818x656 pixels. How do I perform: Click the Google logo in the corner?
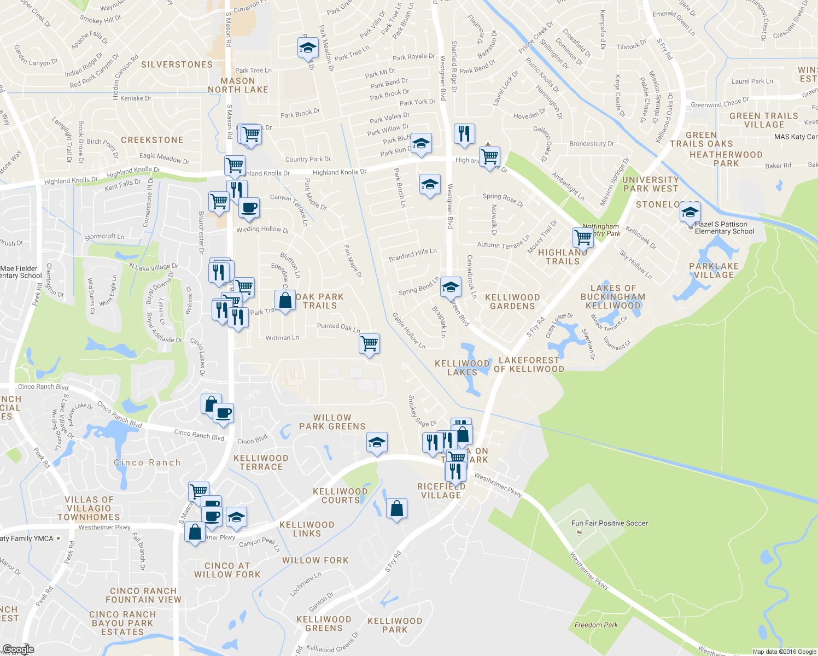tap(18, 649)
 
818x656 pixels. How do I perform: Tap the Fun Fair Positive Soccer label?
tap(609, 523)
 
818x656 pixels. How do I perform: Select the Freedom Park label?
tap(596, 625)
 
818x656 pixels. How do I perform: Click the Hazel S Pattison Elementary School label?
tap(724, 228)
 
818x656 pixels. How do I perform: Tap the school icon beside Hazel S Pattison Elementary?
tap(690, 212)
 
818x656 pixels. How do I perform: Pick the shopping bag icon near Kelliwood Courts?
tap(397, 508)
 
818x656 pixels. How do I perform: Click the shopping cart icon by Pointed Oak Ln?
tap(370, 344)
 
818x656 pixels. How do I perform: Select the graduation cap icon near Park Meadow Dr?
tap(308, 48)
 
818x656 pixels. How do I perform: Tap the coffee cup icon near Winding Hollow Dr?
tap(249, 208)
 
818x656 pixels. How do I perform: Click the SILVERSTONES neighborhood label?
tap(177, 65)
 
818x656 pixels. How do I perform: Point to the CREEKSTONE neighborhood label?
tap(152, 140)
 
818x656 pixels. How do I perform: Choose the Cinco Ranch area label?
tap(147, 462)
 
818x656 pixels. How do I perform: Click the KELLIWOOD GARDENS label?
tap(512, 302)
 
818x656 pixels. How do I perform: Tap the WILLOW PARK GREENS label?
tap(332, 422)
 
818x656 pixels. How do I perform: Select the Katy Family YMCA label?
tap(27, 538)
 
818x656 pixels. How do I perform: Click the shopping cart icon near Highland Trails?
tap(583, 238)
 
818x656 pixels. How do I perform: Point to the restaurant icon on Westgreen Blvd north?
tap(464, 133)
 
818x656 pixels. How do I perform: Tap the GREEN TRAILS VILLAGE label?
tap(764, 120)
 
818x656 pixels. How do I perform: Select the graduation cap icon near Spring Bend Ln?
tap(451, 287)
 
